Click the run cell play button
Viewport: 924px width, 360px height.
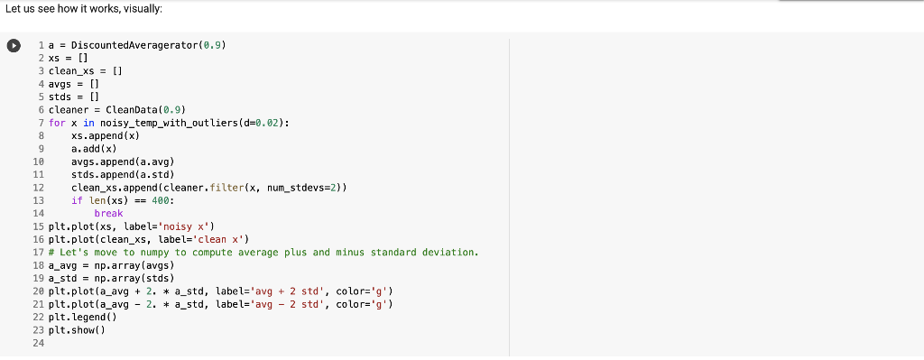point(14,46)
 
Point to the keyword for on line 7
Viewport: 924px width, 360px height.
point(56,122)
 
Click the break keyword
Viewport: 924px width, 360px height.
point(108,213)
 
